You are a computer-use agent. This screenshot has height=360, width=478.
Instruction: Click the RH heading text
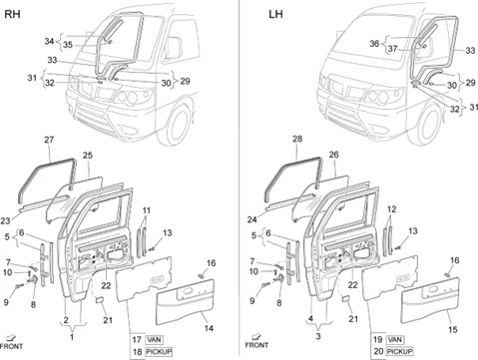[x=12, y=14]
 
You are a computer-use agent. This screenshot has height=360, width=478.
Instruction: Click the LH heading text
[x=275, y=15]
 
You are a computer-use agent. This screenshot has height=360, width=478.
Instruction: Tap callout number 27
[x=49, y=140]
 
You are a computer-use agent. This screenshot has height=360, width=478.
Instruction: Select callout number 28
[x=297, y=139]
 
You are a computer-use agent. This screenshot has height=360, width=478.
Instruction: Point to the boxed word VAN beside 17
[x=154, y=340]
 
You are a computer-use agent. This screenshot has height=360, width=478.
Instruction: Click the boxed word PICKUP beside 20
[x=400, y=351]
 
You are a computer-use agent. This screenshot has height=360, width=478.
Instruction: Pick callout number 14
[x=209, y=328]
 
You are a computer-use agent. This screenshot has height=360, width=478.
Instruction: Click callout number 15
[x=453, y=329]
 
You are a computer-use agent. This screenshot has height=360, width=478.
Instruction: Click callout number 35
[x=68, y=45]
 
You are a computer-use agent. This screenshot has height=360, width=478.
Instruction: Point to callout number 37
[x=393, y=49]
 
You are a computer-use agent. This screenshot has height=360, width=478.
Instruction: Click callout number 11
[x=147, y=210]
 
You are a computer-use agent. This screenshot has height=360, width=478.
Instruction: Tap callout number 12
[x=392, y=209]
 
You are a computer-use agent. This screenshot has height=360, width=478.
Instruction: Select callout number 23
[x=5, y=220]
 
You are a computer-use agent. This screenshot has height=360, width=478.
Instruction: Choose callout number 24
[x=252, y=219]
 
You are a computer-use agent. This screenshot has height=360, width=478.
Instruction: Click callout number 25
[x=88, y=156]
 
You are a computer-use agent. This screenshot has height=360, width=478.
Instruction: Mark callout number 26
[x=333, y=155]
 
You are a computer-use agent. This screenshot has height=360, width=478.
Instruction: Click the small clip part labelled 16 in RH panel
[x=201, y=275]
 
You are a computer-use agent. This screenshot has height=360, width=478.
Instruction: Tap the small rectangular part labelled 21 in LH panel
[x=345, y=298]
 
